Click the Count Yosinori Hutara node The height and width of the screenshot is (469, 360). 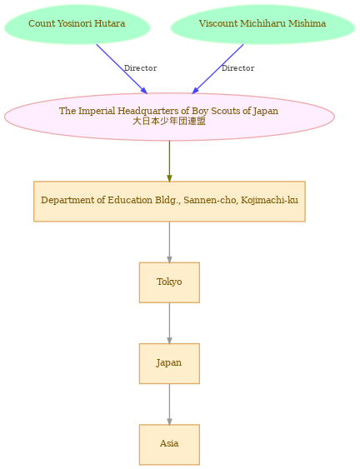(77, 24)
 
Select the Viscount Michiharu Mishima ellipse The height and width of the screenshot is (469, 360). (262, 24)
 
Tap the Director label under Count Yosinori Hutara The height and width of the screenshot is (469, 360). (140, 68)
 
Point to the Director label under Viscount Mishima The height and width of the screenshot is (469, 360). (237, 68)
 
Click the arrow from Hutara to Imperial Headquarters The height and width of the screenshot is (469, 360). (122, 69)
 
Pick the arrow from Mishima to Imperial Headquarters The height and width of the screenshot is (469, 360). (217, 69)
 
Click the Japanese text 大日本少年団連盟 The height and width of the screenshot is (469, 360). (169, 121)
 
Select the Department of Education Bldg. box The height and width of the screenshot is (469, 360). (169, 202)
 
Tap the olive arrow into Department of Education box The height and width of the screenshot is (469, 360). (169, 161)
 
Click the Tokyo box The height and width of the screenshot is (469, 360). (169, 282)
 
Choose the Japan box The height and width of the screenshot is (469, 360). (169, 364)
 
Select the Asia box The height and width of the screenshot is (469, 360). (169, 445)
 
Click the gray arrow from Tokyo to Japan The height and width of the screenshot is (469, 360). (169, 323)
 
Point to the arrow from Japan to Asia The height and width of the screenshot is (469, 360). (169, 404)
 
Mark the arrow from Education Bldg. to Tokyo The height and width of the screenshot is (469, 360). (169, 242)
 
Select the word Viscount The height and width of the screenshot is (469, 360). (218, 23)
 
